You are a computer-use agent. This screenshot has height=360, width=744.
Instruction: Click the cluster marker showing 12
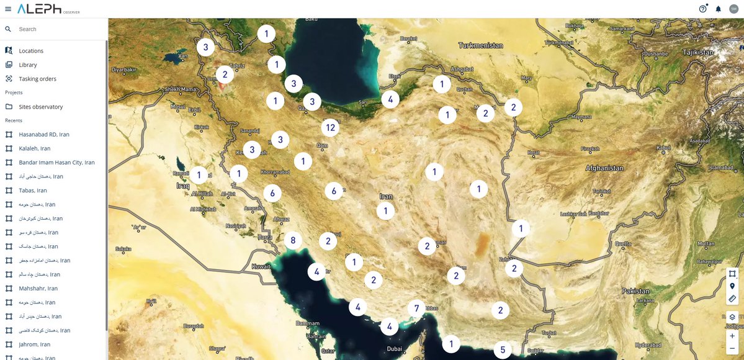[330, 128]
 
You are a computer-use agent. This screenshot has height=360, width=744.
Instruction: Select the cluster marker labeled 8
[293, 240]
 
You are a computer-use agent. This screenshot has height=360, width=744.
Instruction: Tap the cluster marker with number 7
[416, 308]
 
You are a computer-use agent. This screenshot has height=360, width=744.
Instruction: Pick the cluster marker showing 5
[503, 350]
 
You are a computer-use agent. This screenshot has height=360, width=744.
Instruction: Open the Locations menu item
[31, 51]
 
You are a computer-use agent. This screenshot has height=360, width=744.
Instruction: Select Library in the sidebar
[28, 65]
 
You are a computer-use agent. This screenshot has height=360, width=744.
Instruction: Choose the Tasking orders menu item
[37, 79]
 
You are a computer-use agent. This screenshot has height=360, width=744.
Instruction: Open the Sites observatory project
[41, 107]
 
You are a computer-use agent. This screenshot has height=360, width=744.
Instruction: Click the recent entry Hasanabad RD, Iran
[44, 135]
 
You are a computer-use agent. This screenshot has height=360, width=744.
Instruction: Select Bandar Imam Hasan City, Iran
[56, 163]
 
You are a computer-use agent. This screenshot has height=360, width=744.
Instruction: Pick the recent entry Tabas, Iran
[33, 191]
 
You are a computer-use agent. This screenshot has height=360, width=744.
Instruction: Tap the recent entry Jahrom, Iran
[35, 344]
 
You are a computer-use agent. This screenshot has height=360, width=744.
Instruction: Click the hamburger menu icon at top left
[7, 9]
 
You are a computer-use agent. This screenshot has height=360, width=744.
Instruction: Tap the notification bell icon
[719, 9]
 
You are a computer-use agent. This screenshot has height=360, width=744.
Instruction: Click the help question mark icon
[702, 9]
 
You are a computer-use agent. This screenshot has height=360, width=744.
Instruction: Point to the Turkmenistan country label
[480, 45]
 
